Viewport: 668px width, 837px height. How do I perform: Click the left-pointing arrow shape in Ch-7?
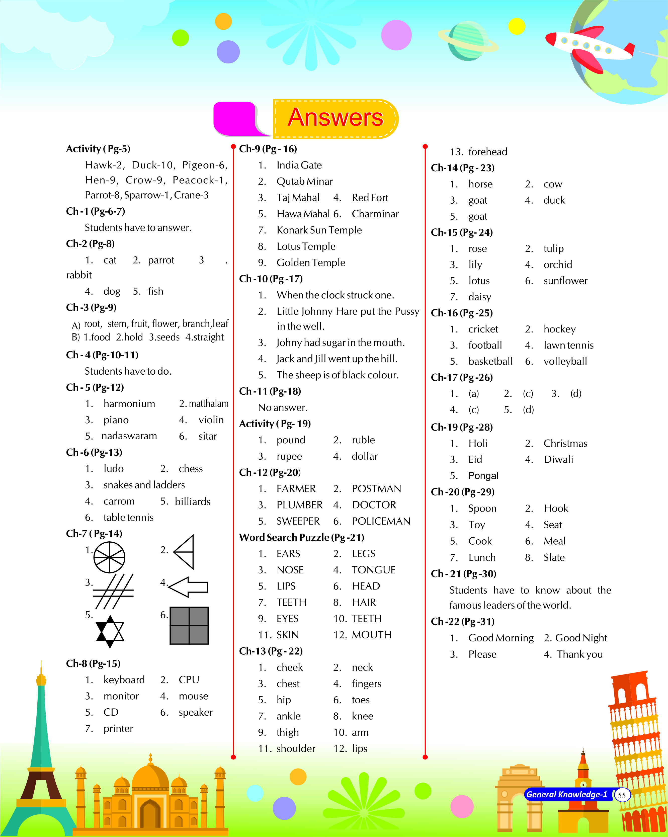click(189, 587)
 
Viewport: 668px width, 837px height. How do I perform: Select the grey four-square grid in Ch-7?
click(189, 625)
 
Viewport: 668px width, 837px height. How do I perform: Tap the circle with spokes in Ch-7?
click(110, 557)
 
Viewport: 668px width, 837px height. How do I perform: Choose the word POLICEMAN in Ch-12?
click(381, 521)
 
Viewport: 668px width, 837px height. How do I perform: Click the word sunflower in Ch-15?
click(565, 281)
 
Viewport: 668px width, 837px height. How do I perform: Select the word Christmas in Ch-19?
click(565, 443)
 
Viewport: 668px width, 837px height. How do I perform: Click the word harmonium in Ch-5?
click(129, 404)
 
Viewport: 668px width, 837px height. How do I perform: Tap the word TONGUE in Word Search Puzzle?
click(373, 570)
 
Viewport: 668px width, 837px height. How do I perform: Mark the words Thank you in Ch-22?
click(580, 654)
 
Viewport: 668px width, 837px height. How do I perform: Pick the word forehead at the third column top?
click(487, 152)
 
